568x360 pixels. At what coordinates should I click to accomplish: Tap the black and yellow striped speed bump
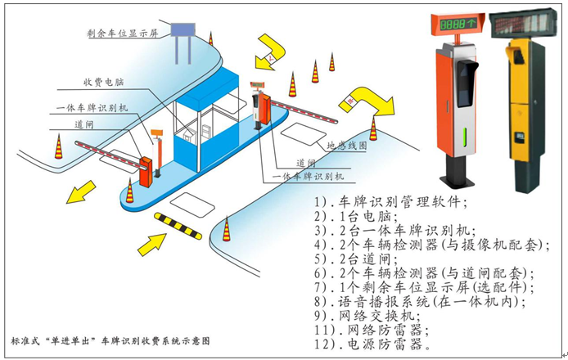(178, 227)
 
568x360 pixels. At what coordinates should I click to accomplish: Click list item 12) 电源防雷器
(371, 344)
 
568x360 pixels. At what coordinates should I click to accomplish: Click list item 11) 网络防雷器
(371, 330)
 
